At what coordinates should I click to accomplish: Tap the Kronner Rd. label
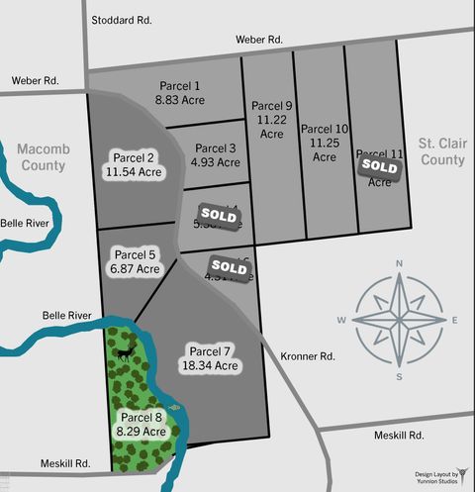pyautogui.click(x=308, y=355)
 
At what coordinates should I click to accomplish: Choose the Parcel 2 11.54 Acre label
pyautogui.click(x=134, y=164)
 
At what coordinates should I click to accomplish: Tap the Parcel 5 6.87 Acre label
pyautogui.click(x=135, y=260)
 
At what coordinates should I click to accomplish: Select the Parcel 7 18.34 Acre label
pyautogui.click(x=210, y=357)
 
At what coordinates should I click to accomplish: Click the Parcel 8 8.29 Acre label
pyautogui.click(x=140, y=423)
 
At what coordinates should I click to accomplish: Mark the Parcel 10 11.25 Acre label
pyautogui.click(x=325, y=135)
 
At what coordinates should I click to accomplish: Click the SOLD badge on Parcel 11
pyautogui.click(x=379, y=167)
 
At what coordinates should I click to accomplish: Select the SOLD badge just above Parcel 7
pyautogui.click(x=229, y=266)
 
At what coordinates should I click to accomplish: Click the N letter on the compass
pyautogui.click(x=399, y=263)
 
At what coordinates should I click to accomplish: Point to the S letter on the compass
pyautogui.click(x=399, y=377)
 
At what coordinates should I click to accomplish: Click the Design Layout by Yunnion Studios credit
pyautogui.click(x=436, y=479)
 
